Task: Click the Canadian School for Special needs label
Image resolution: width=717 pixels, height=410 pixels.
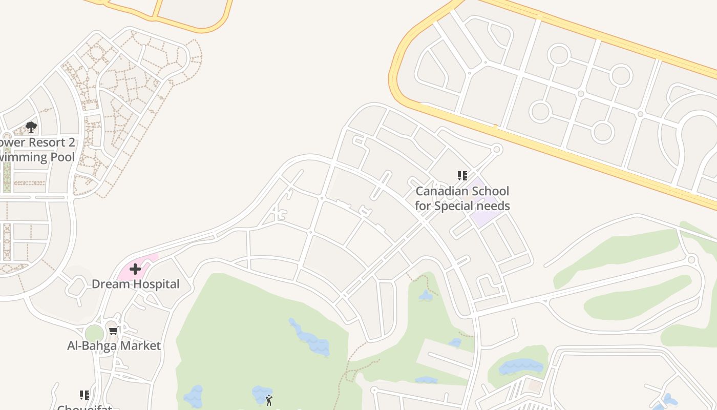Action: point(462,198)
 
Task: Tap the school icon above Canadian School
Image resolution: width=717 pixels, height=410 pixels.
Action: point(462,176)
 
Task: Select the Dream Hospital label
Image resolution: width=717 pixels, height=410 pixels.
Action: point(135,284)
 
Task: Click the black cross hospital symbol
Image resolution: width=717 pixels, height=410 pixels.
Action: point(135,269)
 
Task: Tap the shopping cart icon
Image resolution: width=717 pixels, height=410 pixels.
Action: point(113,331)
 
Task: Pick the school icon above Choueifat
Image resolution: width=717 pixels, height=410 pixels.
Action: point(85,395)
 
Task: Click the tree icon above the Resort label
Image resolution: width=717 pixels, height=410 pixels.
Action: point(31,127)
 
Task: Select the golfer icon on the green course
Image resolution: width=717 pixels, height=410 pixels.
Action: point(269,400)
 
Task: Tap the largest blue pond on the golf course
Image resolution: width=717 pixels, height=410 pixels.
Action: point(310,338)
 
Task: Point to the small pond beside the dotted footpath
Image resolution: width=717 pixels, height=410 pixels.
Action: point(425,296)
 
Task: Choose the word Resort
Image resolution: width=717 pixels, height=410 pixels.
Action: point(46,142)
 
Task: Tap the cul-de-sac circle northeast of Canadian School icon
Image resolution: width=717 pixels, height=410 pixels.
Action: point(496,149)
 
